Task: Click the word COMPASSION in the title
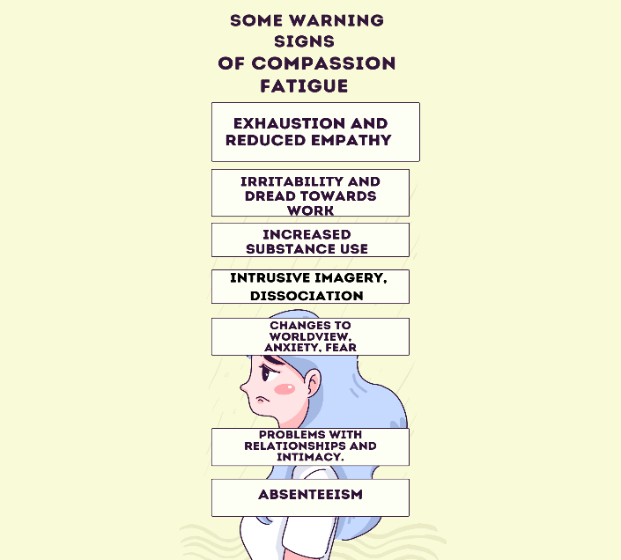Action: coord(323,63)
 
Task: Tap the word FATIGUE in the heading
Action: coord(304,86)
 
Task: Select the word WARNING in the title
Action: coord(336,20)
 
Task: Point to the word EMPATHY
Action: coord(351,140)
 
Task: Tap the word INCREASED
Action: coord(307,234)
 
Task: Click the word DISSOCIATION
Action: coord(307,296)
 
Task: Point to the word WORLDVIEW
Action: coord(310,336)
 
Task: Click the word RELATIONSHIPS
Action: coord(295,446)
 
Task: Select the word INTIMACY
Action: coord(310,457)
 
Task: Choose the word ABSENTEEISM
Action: coord(310,494)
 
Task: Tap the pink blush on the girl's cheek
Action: coord(285,388)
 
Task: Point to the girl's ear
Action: coord(314,381)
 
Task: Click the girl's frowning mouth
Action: coord(262,399)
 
